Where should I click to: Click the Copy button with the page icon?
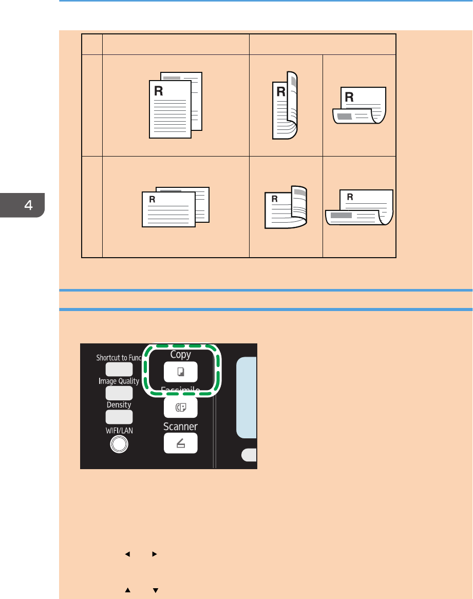pyautogui.click(x=180, y=372)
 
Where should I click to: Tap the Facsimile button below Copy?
pyautogui.click(x=180, y=408)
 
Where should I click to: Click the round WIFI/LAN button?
pyautogui.click(x=119, y=444)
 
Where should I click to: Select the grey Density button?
pyautogui.click(x=119, y=416)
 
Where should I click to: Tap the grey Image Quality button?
pyautogui.click(x=119, y=393)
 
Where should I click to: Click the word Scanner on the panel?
pyautogui.click(x=180, y=427)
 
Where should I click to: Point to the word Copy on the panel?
pyautogui.click(x=180, y=354)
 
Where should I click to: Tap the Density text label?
pyautogui.click(x=119, y=404)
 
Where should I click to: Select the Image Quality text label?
pyautogui.click(x=119, y=381)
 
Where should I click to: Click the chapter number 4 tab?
pyautogui.click(x=28, y=205)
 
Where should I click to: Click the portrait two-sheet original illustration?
pyautogui.click(x=176, y=105)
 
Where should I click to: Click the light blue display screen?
pyautogui.click(x=247, y=398)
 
